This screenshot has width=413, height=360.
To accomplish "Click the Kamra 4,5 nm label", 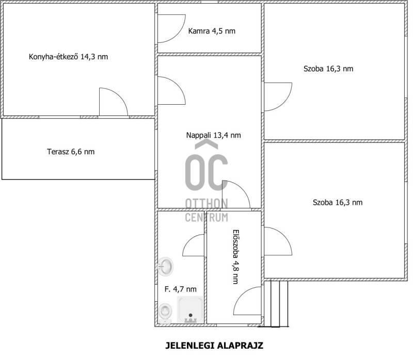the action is click(x=212, y=31).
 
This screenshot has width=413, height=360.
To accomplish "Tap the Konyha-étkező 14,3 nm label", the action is click(x=68, y=57).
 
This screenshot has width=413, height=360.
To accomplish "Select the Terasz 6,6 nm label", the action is click(x=71, y=152).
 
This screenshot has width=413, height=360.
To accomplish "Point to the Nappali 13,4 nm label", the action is click(x=213, y=135).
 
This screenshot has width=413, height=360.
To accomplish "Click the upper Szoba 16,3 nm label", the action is click(x=328, y=69).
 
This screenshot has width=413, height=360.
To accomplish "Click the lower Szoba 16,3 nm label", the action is click(x=338, y=202).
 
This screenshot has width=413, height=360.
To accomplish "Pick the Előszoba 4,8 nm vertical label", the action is click(x=236, y=257).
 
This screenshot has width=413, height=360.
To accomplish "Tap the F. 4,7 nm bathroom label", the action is click(x=180, y=289).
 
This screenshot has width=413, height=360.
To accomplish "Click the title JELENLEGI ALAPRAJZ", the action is click(x=214, y=345).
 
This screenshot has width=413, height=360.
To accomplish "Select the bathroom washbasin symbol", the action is click(x=165, y=267).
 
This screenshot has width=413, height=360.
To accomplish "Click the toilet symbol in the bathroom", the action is click(x=165, y=313).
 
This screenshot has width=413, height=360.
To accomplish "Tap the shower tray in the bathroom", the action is click(x=190, y=309).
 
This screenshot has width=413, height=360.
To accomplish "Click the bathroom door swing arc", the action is click(x=188, y=241).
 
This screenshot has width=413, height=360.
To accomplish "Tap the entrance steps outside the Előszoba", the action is click(x=276, y=304).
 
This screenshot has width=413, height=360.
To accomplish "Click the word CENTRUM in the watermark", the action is click(x=206, y=218).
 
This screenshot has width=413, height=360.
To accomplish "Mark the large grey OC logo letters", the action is click(x=206, y=172).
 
